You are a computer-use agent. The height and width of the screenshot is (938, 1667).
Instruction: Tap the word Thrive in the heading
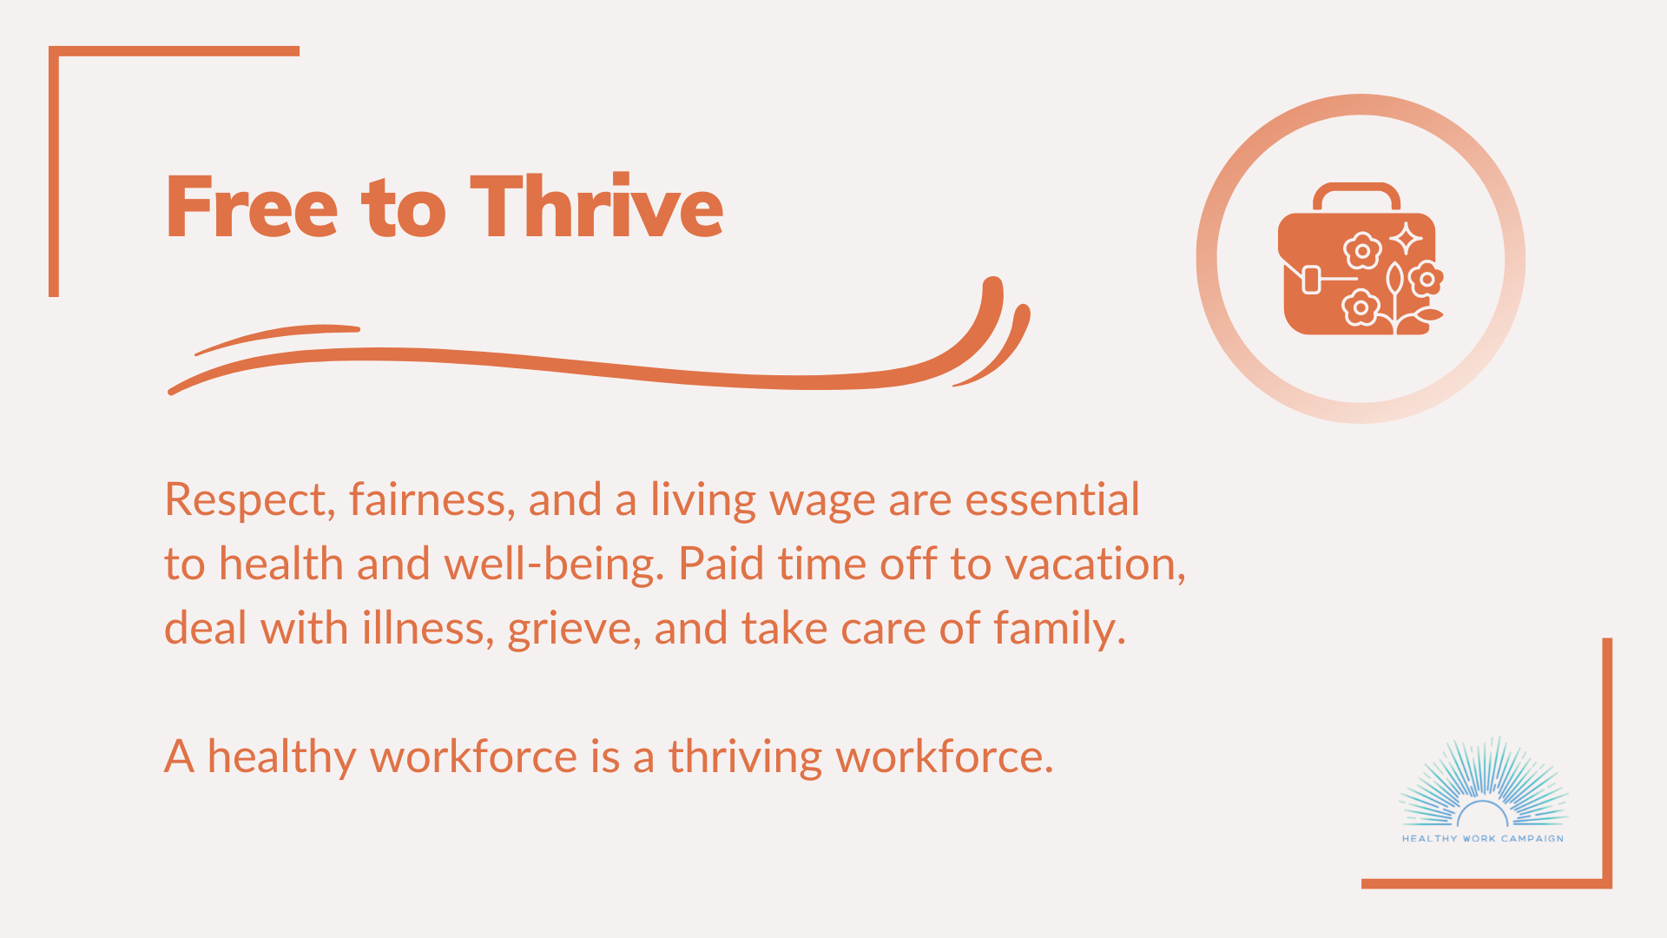click(596, 206)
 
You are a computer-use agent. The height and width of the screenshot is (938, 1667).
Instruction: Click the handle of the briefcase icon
click(1356, 196)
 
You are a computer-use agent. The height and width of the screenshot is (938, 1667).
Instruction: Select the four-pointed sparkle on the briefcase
click(1406, 239)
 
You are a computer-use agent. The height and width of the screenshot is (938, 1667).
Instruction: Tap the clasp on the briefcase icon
click(1312, 280)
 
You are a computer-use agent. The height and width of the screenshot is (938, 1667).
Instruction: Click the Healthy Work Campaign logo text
click(1483, 839)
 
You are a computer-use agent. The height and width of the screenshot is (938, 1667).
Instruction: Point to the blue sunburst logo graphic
click(1483, 782)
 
